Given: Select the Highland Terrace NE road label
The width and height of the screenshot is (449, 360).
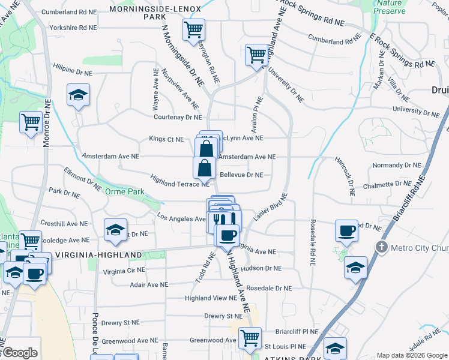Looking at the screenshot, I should point(179,184).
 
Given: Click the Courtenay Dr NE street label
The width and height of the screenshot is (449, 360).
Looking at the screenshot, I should point(177,118).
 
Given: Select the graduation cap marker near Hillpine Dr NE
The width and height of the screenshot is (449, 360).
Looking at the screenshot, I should point(77,96).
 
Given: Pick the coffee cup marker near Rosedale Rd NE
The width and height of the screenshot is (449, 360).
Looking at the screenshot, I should point(346,230).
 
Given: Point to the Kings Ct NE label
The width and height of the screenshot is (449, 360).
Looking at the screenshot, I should point(166,139).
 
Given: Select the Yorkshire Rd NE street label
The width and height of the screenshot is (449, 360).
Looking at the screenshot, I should point(73,28).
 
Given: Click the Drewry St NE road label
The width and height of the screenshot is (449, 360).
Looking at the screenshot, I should point(223,316).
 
